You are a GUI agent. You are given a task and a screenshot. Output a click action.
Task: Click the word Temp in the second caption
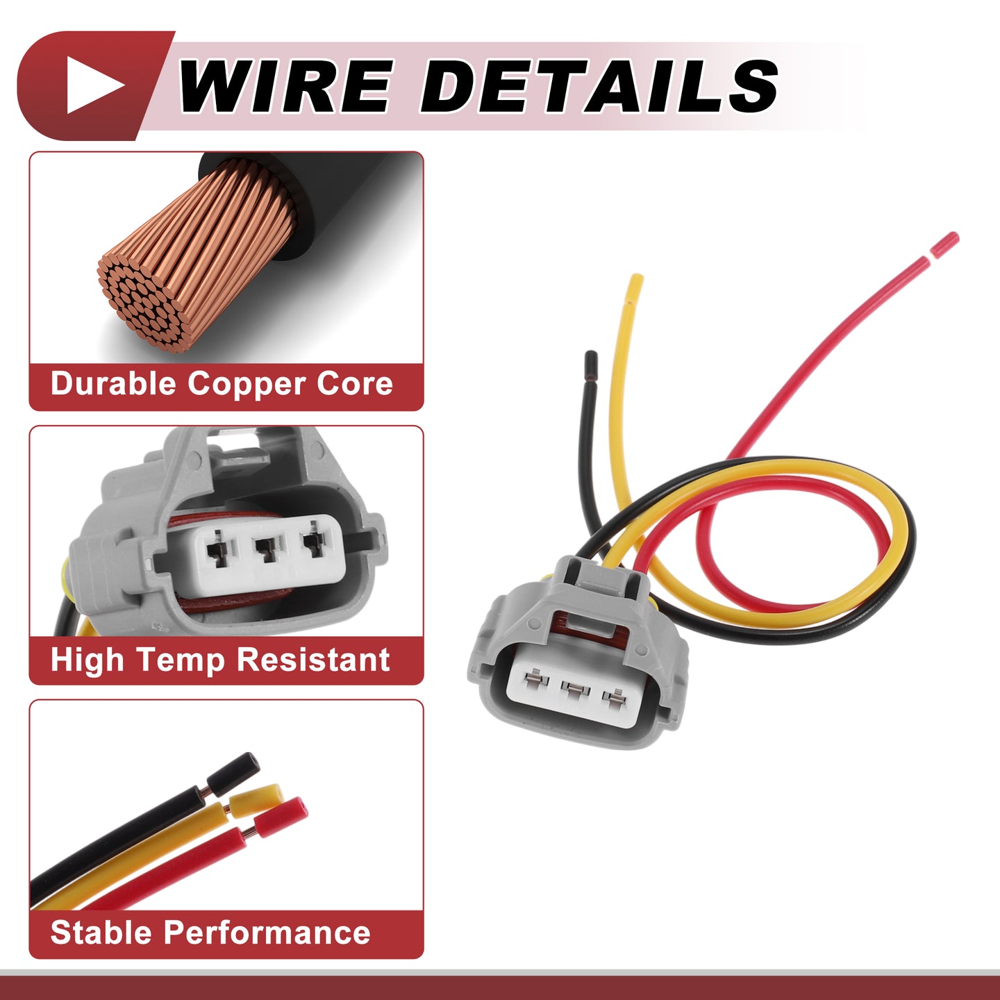point(180,660)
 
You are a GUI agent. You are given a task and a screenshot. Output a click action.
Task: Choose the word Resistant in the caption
point(313,660)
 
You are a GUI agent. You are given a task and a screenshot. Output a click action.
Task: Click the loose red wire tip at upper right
point(945,244)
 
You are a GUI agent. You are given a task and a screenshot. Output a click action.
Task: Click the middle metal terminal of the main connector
point(575,690)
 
